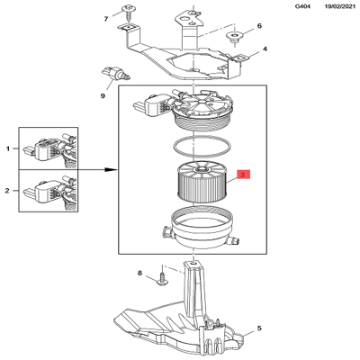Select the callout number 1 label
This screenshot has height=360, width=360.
point(9,147)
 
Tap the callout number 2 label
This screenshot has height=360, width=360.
point(9,191)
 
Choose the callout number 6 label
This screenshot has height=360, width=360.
point(260,27)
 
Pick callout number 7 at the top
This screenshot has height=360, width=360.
point(106,18)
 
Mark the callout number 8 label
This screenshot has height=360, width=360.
point(140,273)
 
